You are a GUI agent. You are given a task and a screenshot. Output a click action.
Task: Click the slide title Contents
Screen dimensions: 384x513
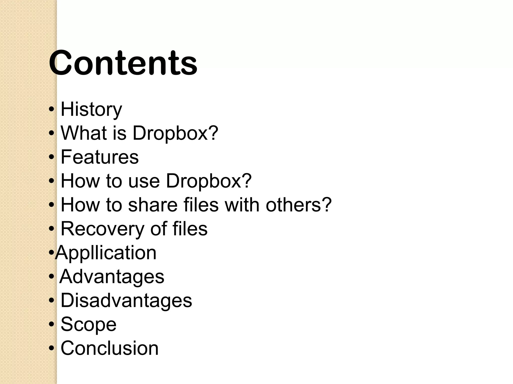pyautogui.click(x=123, y=63)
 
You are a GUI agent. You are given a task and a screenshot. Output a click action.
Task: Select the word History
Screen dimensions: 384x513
pyautogui.click(x=91, y=109)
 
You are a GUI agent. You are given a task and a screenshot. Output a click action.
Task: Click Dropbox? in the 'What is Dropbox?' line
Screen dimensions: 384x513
pyautogui.click(x=175, y=133)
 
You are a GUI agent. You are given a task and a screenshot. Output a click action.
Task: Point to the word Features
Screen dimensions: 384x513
pyautogui.click(x=99, y=157)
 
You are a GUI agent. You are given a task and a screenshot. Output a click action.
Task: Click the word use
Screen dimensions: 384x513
pyautogui.click(x=144, y=181)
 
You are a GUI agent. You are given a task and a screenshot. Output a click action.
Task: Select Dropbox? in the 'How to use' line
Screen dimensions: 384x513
pyautogui.click(x=209, y=181)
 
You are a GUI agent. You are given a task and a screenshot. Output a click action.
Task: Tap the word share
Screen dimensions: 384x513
pyautogui.click(x=153, y=205)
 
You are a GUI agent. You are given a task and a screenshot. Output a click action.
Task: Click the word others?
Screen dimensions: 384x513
pyautogui.click(x=299, y=205)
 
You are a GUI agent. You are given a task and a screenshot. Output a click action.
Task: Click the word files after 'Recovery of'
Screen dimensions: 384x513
pyautogui.click(x=190, y=228)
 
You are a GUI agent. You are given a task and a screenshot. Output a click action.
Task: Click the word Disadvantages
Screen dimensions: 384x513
pyautogui.click(x=126, y=300)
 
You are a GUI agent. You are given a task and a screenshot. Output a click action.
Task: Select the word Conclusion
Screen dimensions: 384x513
pyautogui.click(x=109, y=348)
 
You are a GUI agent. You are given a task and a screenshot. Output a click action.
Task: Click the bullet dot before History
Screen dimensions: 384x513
pyautogui.click(x=51, y=109)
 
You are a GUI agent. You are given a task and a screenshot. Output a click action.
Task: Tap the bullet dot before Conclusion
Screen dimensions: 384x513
pyautogui.click(x=51, y=348)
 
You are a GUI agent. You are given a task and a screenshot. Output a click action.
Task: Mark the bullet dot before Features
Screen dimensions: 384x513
pyautogui.click(x=51, y=157)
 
